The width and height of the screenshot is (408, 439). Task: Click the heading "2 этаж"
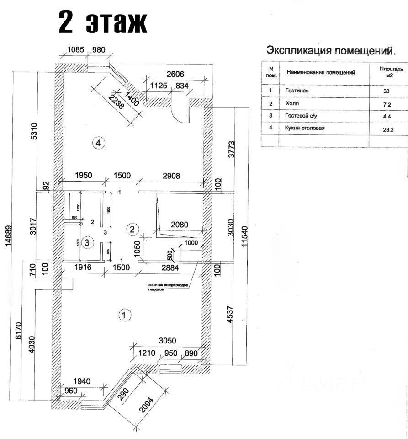[x=104, y=23]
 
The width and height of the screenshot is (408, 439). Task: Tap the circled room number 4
[x=98, y=143]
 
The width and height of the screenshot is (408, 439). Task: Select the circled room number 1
[x=124, y=315]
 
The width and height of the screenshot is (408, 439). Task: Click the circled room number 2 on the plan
[x=132, y=229]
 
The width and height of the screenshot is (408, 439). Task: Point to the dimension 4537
[x=231, y=316]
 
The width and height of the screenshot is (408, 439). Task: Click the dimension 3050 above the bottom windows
[x=167, y=341]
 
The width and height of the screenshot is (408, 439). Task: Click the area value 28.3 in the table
[x=389, y=129]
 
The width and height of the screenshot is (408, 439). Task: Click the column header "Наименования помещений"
[x=321, y=72]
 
